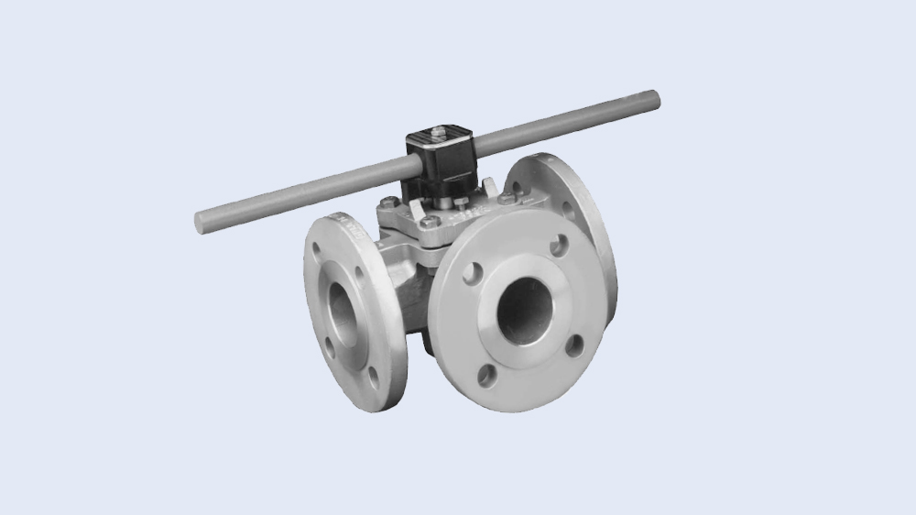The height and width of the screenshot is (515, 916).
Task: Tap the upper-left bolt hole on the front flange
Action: coord(473,273)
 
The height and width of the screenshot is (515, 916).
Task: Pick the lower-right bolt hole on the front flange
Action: coord(574,345)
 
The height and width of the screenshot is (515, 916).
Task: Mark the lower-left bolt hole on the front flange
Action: coord(488,374)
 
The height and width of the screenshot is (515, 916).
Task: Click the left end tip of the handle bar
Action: coord(201,221)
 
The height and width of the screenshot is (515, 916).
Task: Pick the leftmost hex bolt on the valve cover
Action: coord(393,203)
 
